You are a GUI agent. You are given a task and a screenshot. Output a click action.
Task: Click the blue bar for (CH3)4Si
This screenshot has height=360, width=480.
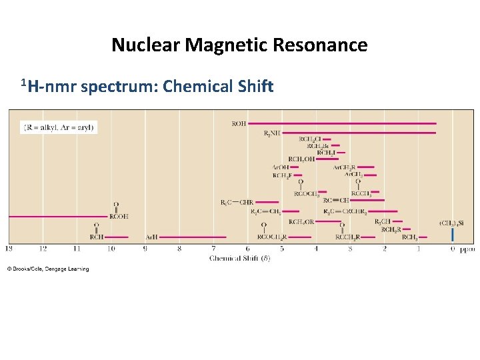453,235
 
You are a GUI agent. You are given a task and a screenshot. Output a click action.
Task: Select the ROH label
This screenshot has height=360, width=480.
239,123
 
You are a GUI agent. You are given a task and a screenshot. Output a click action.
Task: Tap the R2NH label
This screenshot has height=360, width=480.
272,133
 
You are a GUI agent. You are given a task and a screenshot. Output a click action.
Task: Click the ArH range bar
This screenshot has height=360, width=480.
193,237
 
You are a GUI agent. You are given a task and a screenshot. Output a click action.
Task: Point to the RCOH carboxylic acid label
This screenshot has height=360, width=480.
119,216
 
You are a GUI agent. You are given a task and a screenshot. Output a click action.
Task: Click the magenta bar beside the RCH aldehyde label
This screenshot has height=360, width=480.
116,237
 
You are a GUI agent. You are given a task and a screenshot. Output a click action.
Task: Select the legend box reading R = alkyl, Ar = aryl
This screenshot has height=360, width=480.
60,127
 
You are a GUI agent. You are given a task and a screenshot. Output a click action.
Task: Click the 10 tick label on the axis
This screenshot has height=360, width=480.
111,249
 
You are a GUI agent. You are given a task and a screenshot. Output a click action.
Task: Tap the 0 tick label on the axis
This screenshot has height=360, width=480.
453,249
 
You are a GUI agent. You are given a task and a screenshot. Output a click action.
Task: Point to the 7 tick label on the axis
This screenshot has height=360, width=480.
213,249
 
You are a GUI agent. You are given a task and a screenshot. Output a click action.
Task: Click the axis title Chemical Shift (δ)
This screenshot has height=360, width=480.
240,257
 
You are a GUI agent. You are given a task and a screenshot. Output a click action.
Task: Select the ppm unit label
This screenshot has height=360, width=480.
468,249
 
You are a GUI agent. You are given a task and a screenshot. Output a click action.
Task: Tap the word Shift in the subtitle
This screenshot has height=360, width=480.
254,87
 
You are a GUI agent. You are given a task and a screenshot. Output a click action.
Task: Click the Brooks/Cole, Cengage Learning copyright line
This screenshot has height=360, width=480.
48,269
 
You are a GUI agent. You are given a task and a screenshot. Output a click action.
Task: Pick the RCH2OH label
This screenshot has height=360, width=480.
301,159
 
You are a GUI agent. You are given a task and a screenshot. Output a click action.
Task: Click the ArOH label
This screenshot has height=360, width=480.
281,167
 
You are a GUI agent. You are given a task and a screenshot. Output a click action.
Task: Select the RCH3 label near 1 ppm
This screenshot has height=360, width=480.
409,237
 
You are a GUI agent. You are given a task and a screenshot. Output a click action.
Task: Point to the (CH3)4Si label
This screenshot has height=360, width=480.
451,223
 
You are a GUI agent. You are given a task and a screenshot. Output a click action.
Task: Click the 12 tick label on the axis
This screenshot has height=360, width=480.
43,249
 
